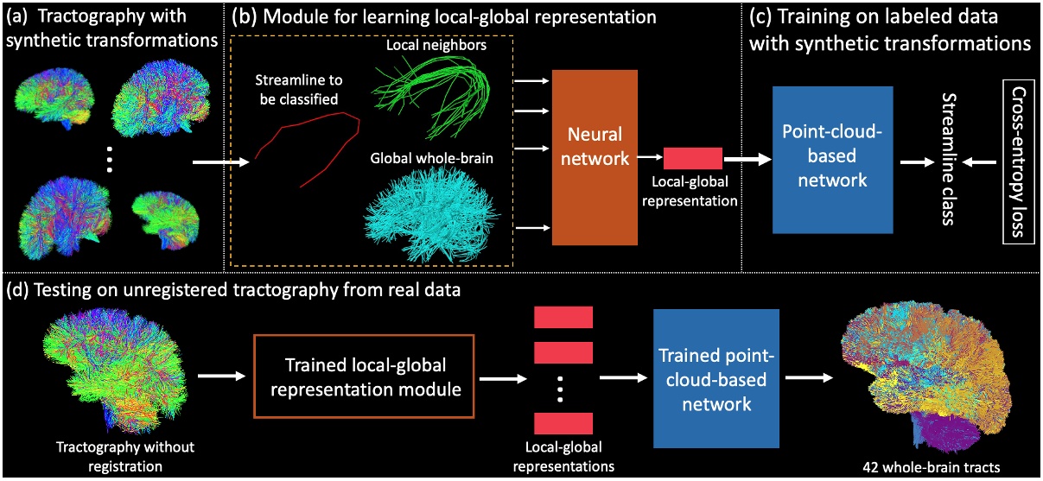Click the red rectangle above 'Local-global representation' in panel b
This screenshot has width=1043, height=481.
[x=692, y=157]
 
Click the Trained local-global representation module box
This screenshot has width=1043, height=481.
[x=361, y=375]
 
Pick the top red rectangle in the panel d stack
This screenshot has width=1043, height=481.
[x=563, y=318]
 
